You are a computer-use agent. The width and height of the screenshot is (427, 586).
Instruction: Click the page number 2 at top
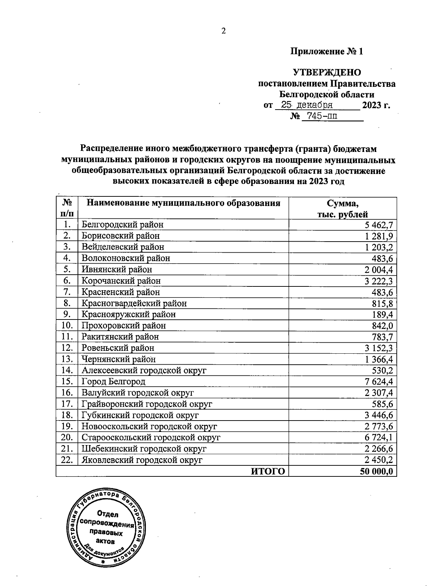click(223, 31)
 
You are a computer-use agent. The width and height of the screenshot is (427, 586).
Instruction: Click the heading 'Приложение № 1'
click(327, 52)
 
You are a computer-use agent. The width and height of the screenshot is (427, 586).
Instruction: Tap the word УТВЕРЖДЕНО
click(327, 73)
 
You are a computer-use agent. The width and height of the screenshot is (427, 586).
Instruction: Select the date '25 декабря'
click(307, 105)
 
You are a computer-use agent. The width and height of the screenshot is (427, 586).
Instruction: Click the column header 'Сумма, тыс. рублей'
click(343, 208)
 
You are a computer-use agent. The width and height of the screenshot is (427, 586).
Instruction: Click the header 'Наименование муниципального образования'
click(184, 203)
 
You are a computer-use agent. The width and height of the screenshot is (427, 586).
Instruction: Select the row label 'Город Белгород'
click(114, 382)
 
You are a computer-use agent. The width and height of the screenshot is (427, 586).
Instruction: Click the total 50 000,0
click(376, 471)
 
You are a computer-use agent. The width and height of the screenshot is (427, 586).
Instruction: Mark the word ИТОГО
click(268, 471)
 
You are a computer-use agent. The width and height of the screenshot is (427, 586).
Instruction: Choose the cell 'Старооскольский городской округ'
click(151, 438)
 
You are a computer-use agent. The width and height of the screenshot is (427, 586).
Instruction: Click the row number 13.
click(67, 359)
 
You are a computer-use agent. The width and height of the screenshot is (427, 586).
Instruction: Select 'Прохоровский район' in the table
click(123, 326)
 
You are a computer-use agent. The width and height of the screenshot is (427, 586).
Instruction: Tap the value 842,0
click(383, 326)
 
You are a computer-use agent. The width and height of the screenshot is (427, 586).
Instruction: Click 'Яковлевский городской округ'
click(142, 460)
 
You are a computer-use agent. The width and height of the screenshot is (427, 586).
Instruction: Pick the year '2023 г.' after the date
click(376, 106)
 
